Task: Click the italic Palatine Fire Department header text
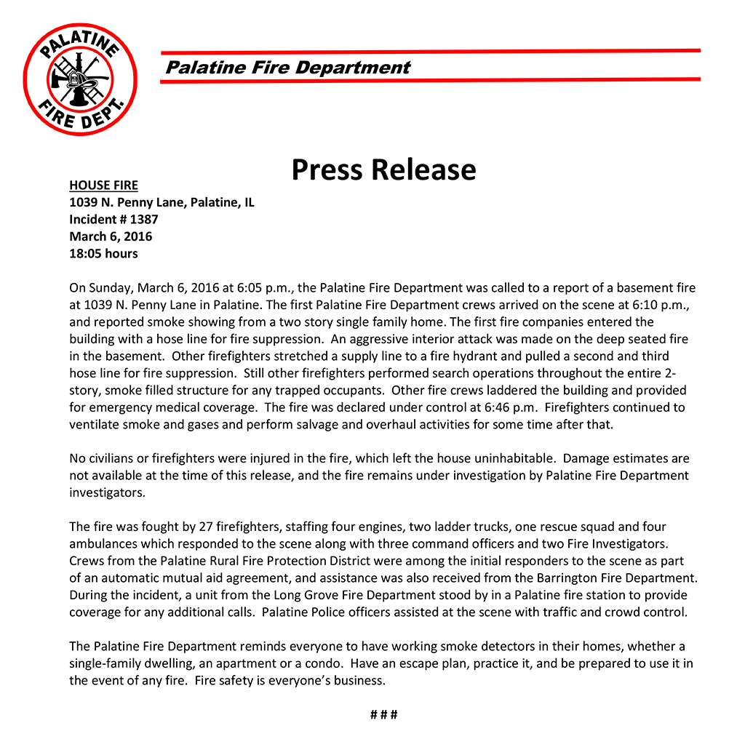point(288,68)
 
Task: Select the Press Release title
point(383,169)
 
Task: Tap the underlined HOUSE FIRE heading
point(103,185)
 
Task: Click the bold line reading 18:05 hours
point(103,254)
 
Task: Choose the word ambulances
point(105,543)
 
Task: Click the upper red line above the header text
point(430,51)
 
